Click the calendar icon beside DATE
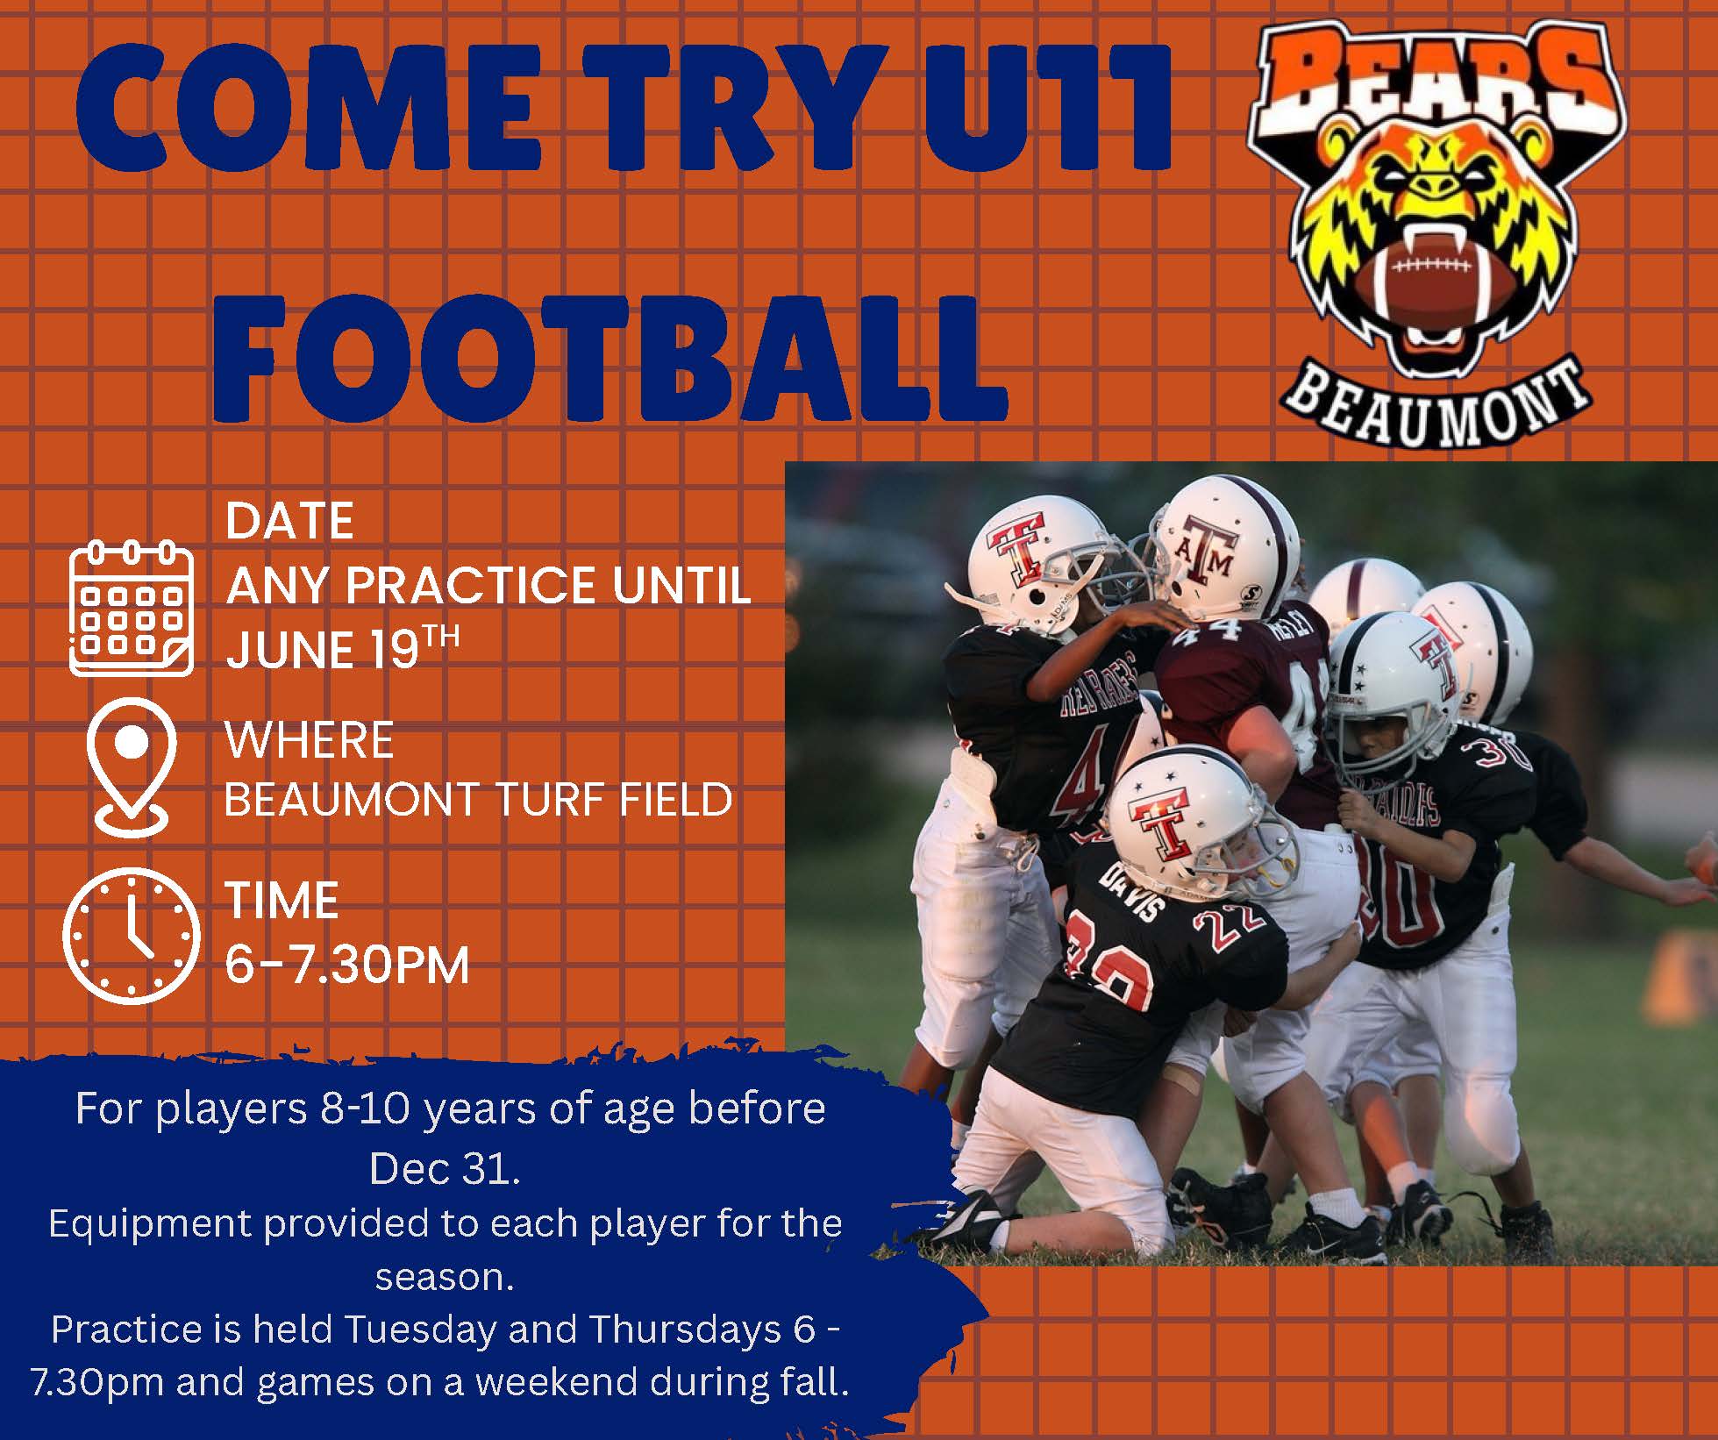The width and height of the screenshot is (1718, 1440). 131,609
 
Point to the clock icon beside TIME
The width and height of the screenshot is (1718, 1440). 132,935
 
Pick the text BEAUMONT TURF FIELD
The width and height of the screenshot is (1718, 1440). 478,799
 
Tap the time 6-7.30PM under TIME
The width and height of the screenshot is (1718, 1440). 347,966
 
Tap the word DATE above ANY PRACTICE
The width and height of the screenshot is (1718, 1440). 289,521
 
